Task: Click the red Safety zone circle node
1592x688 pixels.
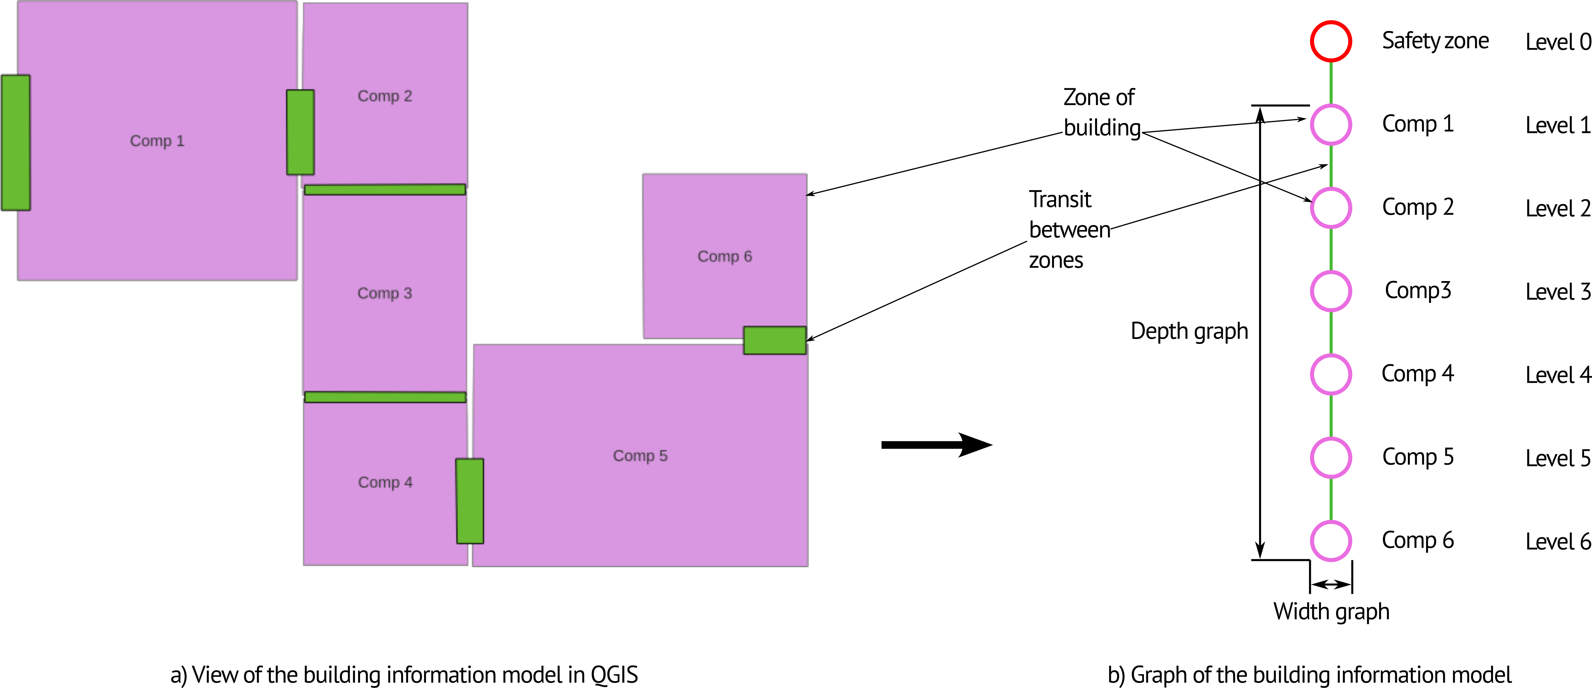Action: pyautogui.click(x=1331, y=41)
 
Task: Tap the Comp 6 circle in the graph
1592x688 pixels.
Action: pyautogui.click(x=1331, y=541)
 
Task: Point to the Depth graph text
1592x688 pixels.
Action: pyautogui.click(x=1189, y=331)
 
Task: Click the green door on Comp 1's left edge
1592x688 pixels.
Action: pyautogui.click(x=16, y=143)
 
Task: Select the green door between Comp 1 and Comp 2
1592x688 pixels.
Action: pyautogui.click(x=300, y=132)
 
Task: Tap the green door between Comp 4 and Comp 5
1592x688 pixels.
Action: pyautogui.click(x=470, y=501)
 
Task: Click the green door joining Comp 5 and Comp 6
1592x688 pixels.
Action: pyautogui.click(x=774, y=340)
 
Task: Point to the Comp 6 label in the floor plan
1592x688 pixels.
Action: pyautogui.click(x=724, y=257)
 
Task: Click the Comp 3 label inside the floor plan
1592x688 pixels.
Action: pyautogui.click(x=384, y=293)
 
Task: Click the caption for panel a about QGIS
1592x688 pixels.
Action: pyautogui.click(x=404, y=674)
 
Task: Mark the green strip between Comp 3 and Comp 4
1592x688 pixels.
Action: pyautogui.click(x=384, y=397)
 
